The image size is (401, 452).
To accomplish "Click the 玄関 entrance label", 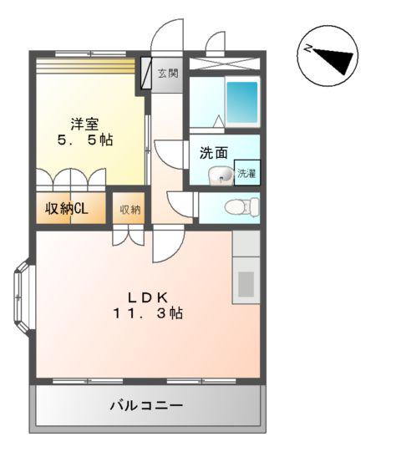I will click(168, 74).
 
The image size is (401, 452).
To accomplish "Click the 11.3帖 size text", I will click(149, 314).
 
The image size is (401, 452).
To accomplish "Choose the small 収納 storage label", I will click(128, 209).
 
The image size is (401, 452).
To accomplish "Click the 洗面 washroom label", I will click(213, 154).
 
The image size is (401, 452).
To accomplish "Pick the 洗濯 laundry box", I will click(246, 173).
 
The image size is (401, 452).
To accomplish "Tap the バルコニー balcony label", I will click(147, 406).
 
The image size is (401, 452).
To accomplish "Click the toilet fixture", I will click(236, 206).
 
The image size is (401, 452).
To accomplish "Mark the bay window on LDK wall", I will click(23, 297).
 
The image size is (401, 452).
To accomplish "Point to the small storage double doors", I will click(128, 236).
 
